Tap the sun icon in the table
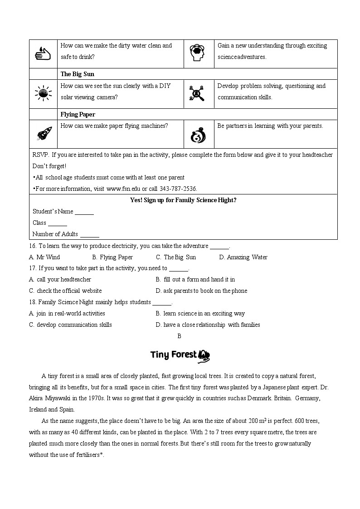pyautogui.click(x=43, y=93)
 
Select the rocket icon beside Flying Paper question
pyautogui.click(x=44, y=134)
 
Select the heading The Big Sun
pyautogui.click(x=77, y=74)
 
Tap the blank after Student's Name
pyautogui.click(x=84, y=212)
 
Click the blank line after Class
pyautogui.click(x=58, y=223)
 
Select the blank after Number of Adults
pyautogui.click(x=89, y=234)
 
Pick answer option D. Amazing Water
pyautogui.click(x=243, y=257)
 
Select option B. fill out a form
pyautogui.click(x=195, y=279)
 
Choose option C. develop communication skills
pyautogui.click(x=70, y=325)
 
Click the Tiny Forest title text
pyautogui.click(x=174, y=354)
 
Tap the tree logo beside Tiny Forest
pyautogui.click(x=204, y=355)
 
